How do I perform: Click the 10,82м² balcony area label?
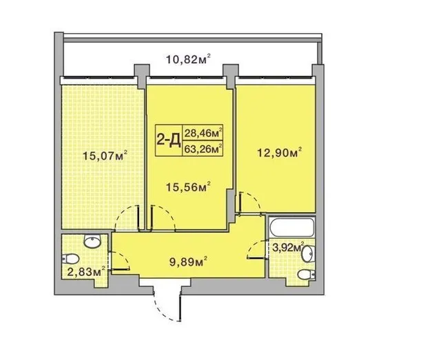click(x=188, y=59)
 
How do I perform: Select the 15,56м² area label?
click(x=188, y=187)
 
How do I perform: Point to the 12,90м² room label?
click(x=280, y=153)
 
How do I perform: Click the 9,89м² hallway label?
click(x=189, y=262)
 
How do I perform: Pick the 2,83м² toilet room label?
click(x=87, y=271)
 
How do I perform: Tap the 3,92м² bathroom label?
click(x=288, y=247)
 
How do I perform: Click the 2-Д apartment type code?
click(x=168, y=140)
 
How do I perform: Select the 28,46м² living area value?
click(x=203, y=133)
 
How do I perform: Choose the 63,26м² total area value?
click(x=203, y=149)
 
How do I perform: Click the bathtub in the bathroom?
click(x=291, y=227)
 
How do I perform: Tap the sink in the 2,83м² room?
click(x=92, y=242)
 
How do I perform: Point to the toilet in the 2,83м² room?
click(x=70, y=259)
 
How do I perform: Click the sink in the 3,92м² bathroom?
click(x=307, y=253)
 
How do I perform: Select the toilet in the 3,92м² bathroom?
click(x=306, y=275)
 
